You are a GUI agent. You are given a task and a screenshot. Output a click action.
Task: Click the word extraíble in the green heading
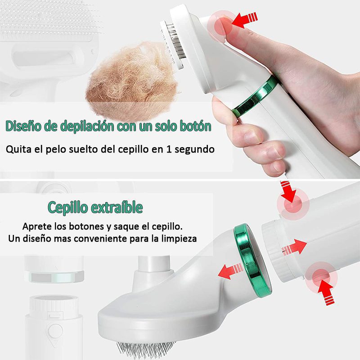point(115,208)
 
